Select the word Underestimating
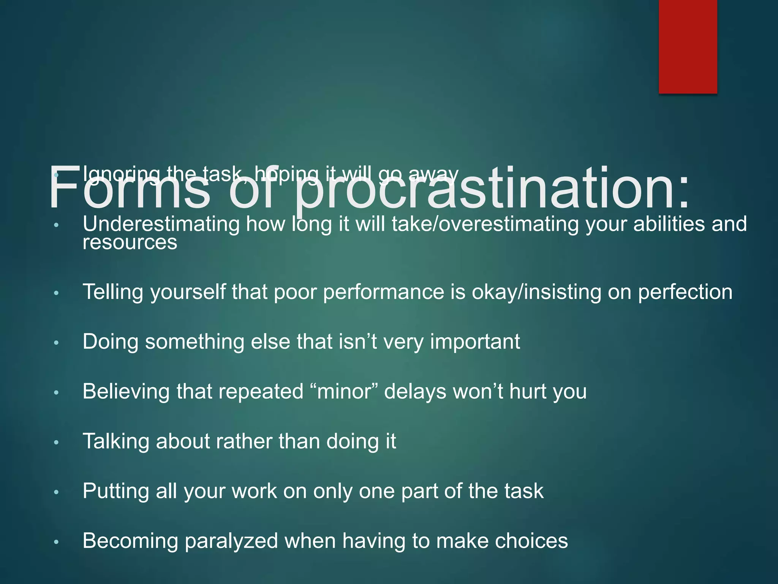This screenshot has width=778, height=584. pyautogui.click(x=161, y=224)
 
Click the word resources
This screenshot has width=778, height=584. pyautogui.click(x=130, y=243)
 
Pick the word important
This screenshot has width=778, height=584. pyautogui.click(x=475, y=341)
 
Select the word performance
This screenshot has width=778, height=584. pyautogui.click(x=384, y=292)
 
